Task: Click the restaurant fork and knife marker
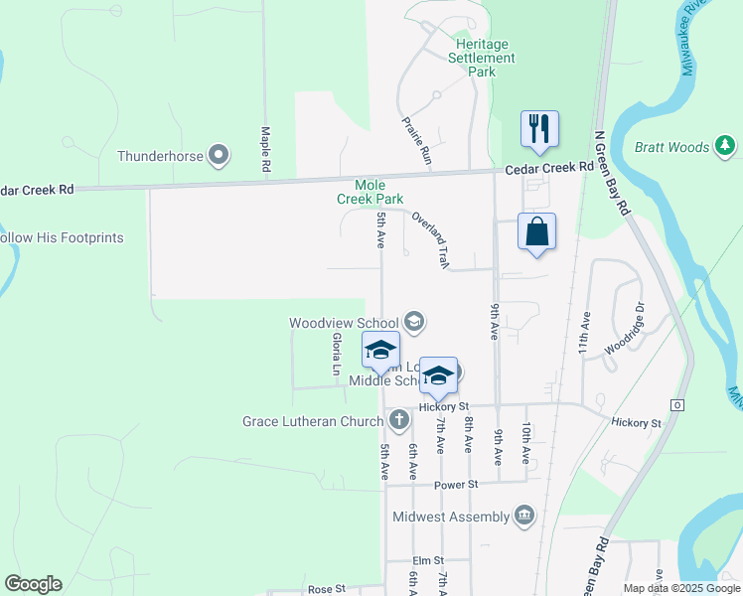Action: point(539,129)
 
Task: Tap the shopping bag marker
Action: point(536,232)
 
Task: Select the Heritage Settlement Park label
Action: point(482,58)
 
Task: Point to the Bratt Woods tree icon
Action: point(726,147)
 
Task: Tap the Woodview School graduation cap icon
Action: point(414,322)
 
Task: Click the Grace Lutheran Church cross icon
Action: point(399,420)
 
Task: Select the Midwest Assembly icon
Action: point(524,516)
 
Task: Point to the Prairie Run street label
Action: point(417,139)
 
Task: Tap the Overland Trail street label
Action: point(431,239)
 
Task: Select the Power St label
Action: point(457,484)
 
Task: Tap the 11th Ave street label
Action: point(585,334)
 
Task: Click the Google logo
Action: point(33,584)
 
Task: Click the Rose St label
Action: point(326,589)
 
